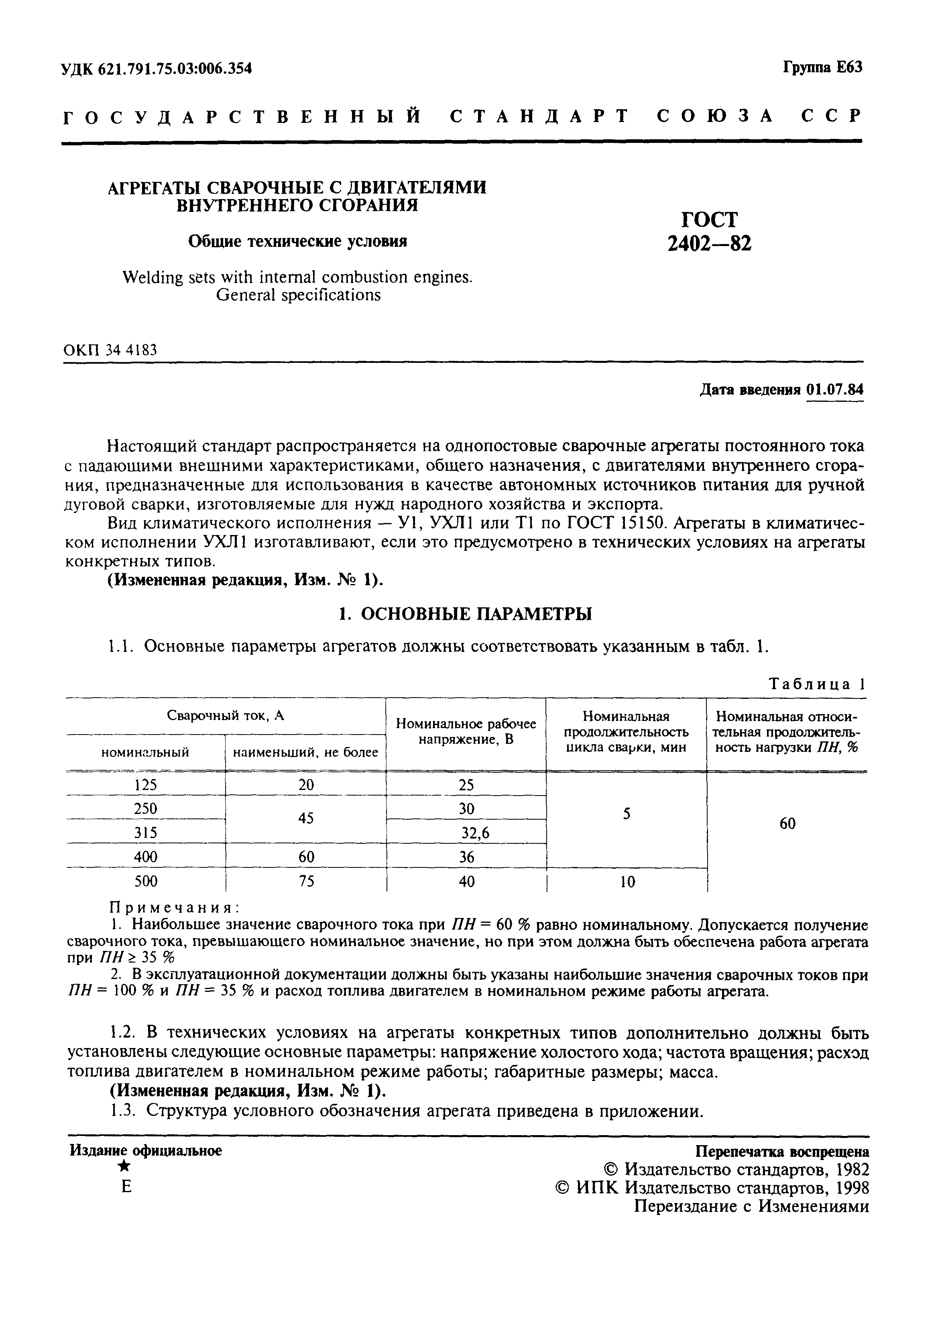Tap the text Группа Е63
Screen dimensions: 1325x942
822,67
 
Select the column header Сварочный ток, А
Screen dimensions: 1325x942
226,715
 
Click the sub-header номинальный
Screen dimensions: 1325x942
145,753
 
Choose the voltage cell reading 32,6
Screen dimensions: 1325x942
474,833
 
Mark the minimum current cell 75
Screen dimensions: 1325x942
306,881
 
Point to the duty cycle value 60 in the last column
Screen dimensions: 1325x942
787,823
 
